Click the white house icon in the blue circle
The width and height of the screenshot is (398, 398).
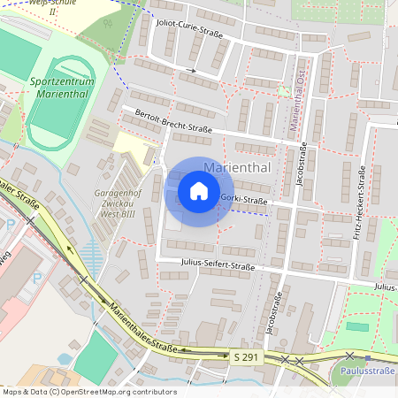click(199, 191)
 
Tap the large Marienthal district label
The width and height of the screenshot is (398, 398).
click(236, 167)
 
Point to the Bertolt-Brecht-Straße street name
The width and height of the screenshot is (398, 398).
click(173, 121)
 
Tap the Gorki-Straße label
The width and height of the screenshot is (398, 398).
click(244, 200)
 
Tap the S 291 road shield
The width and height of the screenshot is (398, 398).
click(247, 356)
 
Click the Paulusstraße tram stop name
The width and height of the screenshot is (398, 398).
click(367, 371)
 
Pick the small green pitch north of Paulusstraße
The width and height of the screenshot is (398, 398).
click(356, 326)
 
